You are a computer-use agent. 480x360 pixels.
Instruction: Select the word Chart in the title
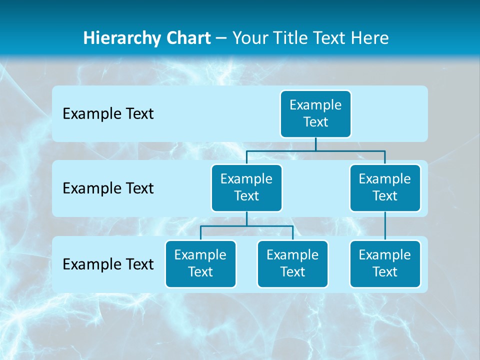point(189,38)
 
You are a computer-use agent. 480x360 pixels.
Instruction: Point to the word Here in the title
point(369,38)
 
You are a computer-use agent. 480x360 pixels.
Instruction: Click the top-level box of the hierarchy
point(315,113)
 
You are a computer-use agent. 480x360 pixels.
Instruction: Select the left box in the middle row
point(246,187)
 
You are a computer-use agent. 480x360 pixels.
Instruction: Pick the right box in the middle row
point(385,187)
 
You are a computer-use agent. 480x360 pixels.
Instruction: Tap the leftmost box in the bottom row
point(200,263)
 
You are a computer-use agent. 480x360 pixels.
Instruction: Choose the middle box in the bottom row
point(292,263)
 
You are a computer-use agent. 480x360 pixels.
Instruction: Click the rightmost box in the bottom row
point(385,263)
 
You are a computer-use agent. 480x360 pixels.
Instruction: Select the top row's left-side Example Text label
point(108,113)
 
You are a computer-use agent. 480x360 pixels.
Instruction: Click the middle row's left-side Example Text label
point(108,188)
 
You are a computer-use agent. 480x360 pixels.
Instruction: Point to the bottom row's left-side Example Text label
point(108,264)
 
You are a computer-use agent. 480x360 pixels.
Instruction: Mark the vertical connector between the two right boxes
point(385,225)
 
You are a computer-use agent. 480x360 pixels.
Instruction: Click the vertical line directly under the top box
point(315,144)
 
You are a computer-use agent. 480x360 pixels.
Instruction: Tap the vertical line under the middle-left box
point(246,218)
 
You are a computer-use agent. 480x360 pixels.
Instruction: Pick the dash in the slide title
point(221,38)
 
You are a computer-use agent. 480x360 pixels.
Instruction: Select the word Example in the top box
point(315,105)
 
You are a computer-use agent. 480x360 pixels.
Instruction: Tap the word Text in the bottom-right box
point(385,272)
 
